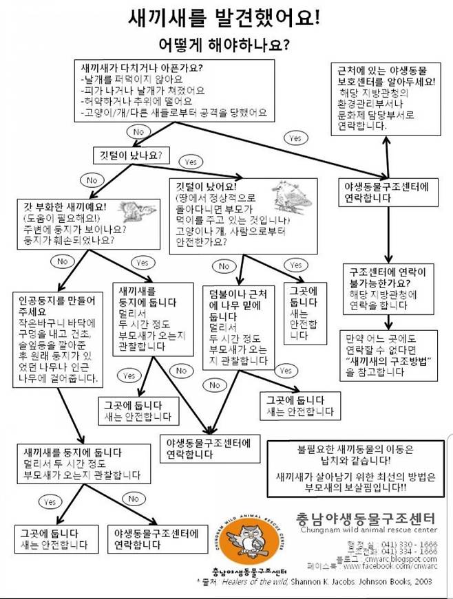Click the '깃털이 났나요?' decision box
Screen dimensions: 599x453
pos(131,155)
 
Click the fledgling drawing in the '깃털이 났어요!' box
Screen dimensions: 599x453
pos(290,196)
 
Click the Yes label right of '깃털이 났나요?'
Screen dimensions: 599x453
pos(190,162)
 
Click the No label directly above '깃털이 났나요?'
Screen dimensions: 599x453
pos(138,131)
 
